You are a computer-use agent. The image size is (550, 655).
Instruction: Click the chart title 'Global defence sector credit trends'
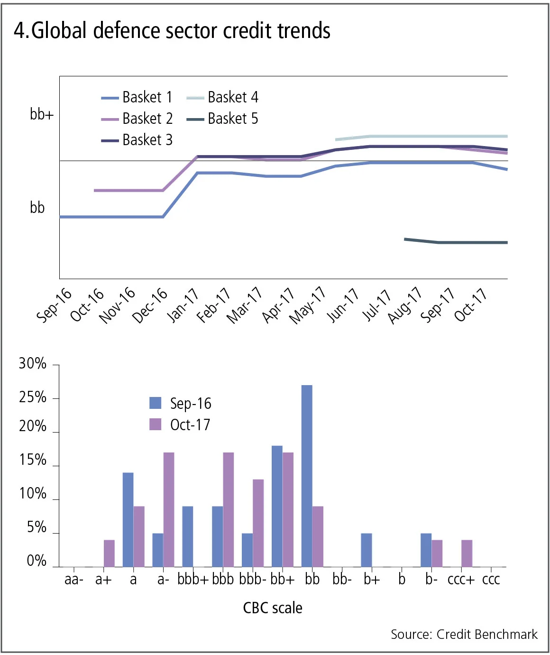click(172, 31)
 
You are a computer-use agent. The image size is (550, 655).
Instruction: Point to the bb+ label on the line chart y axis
click(42, 114)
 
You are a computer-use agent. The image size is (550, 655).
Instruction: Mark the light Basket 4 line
click(427, 137)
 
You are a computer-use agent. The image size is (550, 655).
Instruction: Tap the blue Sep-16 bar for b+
click(366, 550)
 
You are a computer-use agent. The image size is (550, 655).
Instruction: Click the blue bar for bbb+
click(187, 536)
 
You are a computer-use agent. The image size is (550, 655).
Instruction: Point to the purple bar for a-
click(169, 509)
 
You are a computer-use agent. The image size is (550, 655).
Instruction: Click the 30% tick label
click(33, 364)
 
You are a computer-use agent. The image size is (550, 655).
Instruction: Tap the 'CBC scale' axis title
click(273, 608)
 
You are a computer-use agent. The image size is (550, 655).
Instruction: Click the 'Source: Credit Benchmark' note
click(464, 635)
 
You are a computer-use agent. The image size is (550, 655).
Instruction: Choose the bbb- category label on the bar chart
click(253, 580)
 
